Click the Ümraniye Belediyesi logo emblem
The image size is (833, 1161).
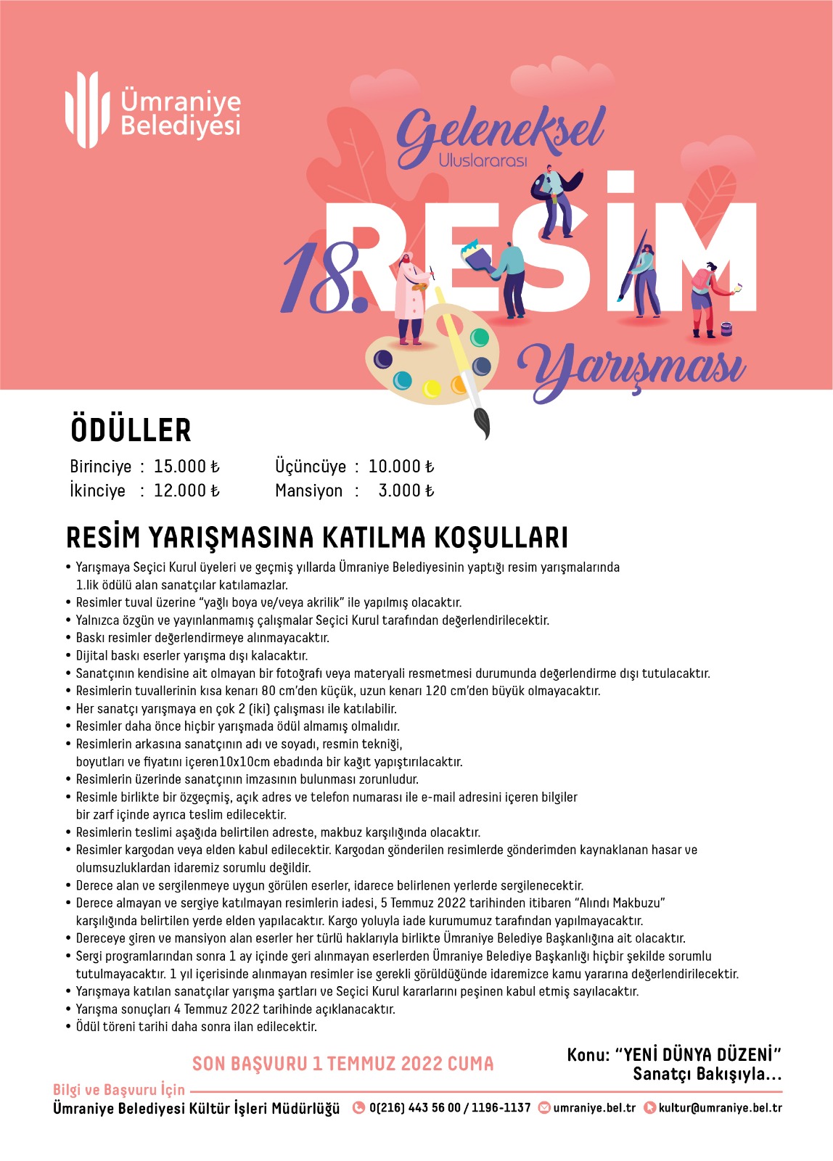click(x=81, y=110)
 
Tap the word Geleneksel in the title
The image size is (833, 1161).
click(x=500, y=134)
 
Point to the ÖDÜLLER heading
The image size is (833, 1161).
click(x=131, y=430)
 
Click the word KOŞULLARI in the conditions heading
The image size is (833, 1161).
click(x=501, y=538)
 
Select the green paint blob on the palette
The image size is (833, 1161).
click(x=480, y=337)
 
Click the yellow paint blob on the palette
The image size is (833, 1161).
click(x=432, y=389)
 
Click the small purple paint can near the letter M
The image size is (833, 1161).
click(x=726, y=329)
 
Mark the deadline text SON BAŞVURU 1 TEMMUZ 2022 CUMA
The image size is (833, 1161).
click(x=342, y=1064)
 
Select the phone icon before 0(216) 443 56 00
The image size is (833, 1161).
click(x=358, y=1108)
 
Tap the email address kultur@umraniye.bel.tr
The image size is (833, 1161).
click(x=720, y=1108)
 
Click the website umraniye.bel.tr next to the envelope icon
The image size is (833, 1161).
click(x=594, y=1108)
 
